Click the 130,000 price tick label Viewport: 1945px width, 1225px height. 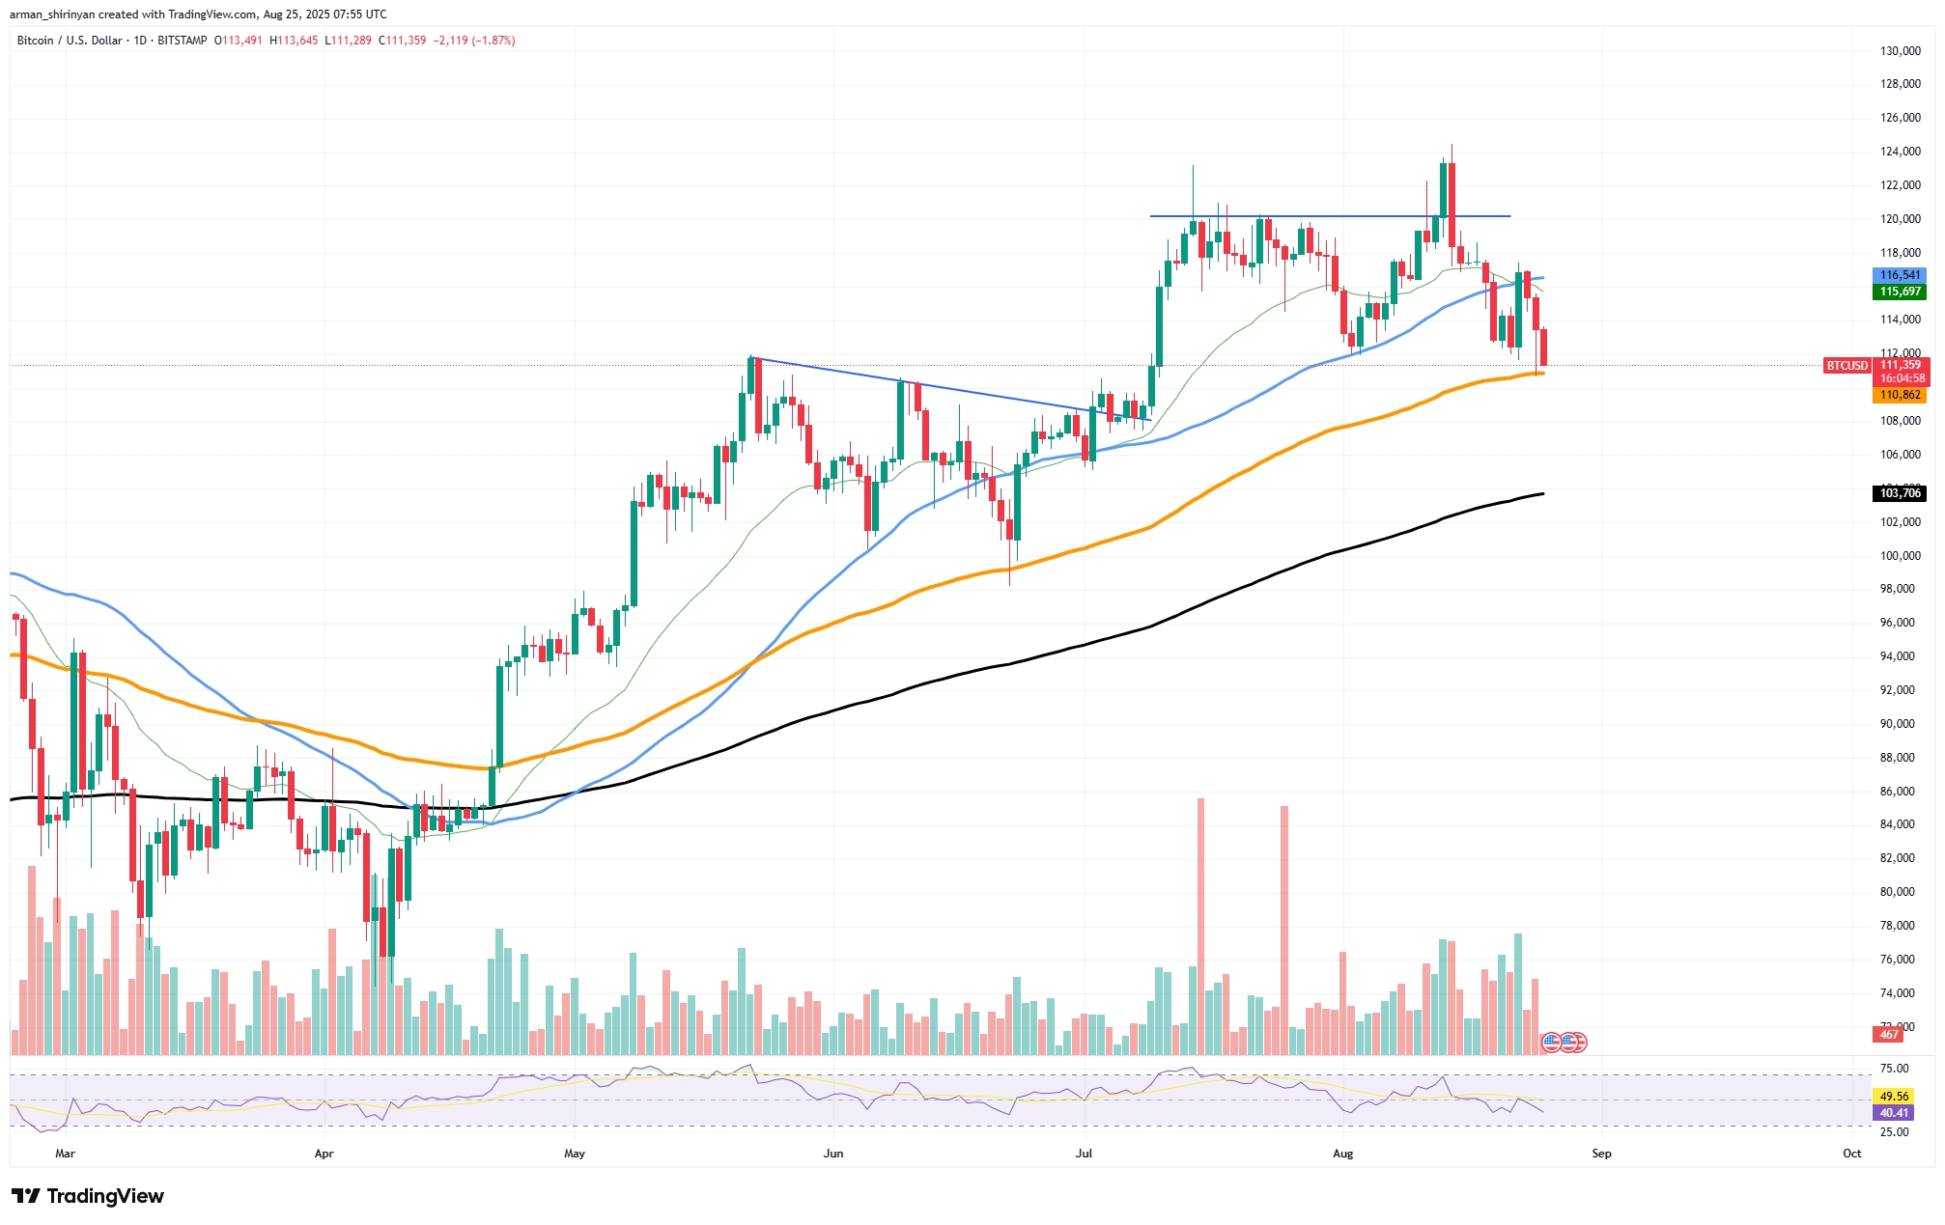coord(1900,51)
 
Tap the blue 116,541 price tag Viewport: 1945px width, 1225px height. coord(1900,275)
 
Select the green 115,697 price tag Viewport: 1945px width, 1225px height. coord(1900,292)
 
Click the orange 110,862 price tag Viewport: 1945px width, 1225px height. coord(1900,395)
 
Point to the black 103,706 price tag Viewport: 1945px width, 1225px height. coord(1900,493)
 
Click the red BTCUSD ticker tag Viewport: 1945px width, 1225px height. coord(1846,366)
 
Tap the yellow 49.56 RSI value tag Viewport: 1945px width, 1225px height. coord(1894,1097)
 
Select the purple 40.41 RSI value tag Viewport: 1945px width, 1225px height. coord(1894,1113)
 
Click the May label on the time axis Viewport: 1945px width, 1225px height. coord(575,1154)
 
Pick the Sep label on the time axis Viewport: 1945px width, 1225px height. coord(1601,1154)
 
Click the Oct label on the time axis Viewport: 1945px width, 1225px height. coord(1851,1154)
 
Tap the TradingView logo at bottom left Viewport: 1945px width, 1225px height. coord(88,1196)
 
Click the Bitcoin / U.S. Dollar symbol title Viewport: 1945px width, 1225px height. coord(70,41)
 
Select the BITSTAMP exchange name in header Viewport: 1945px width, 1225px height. coord(182,41)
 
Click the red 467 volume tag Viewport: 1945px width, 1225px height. coord(1888,1035)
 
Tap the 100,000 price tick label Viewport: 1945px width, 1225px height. coord(1900,556)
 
